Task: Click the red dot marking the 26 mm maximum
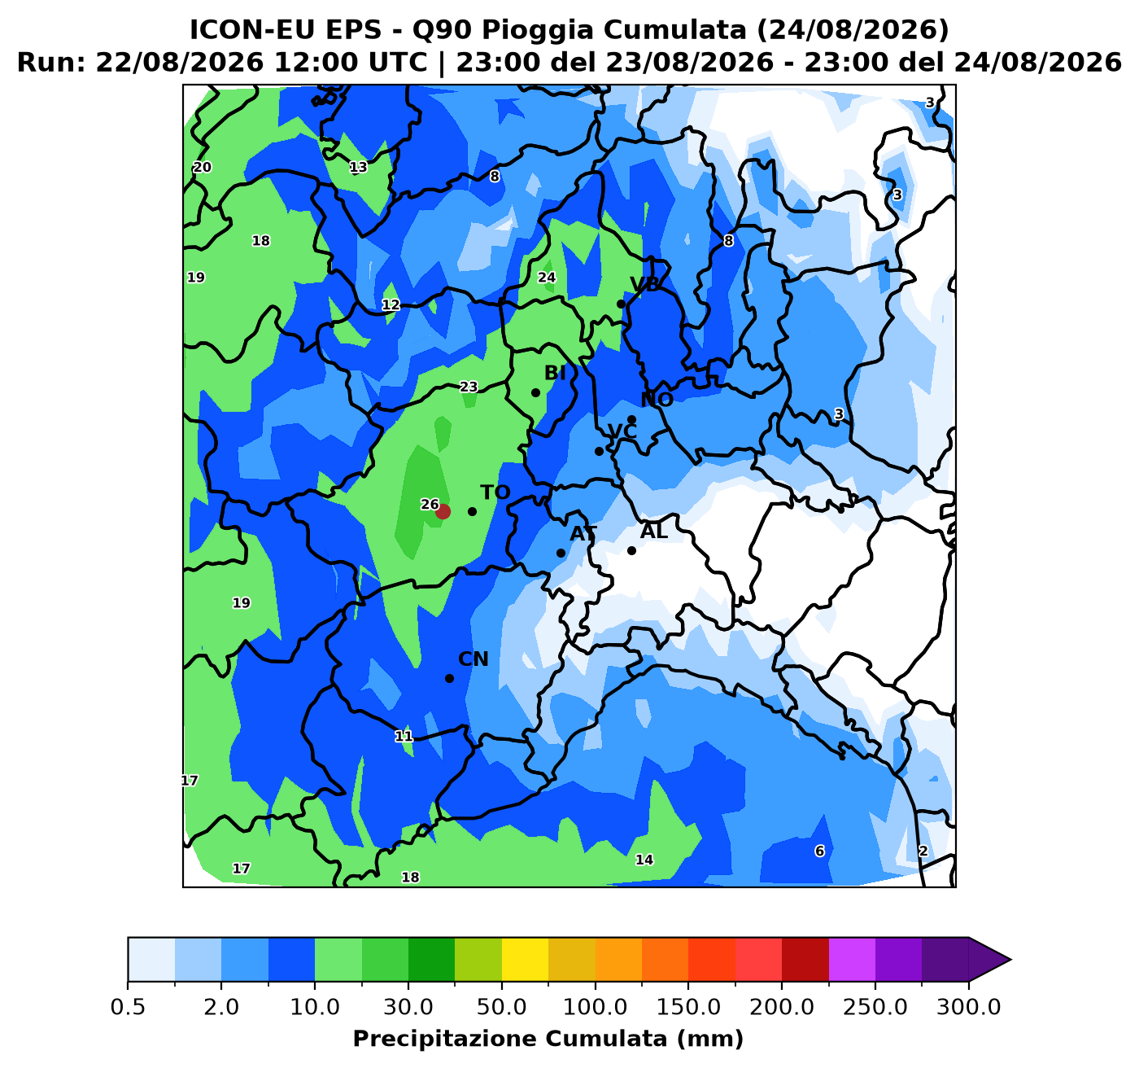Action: (x=443, y=511)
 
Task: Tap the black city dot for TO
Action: (x=472, y=511)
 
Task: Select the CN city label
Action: (x=473, y=659)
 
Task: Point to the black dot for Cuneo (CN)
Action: (x=450, y=678)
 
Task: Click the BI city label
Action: (x=555, y=374)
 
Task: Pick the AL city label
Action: (x=654, y=532)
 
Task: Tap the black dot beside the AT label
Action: (x=561, y=554)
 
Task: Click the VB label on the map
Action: (x=646, y=285)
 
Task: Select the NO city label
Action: (x=657, y=400)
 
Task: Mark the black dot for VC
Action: (x=599, y=452)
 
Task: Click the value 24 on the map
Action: (x=547, y=278)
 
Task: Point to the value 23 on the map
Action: (x=469, y=387)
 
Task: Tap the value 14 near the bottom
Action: (x=644, y=860)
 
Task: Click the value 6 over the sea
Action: (x=819, y=851)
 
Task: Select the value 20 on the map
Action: (x=202, y=167)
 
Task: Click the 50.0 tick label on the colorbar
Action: (x=502, y=1007)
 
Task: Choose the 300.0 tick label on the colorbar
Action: (x=969, y=1007)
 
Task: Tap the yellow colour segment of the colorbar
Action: (x=525, y=960)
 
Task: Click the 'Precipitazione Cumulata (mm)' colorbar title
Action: (x=548, y=1039)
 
